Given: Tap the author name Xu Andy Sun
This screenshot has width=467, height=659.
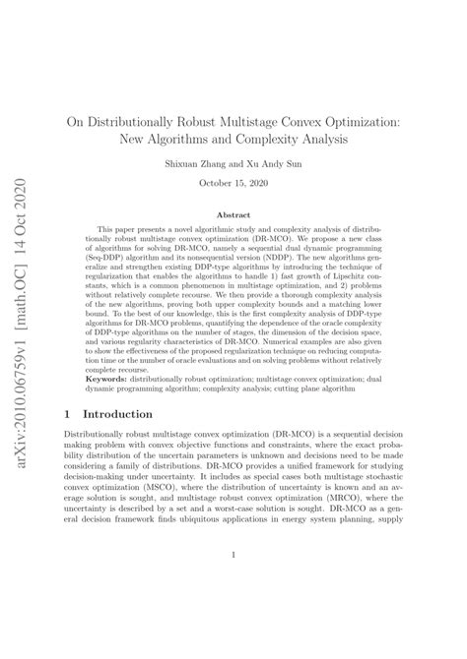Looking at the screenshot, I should point(282,164).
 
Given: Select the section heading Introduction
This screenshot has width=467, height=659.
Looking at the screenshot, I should point(118,414).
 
